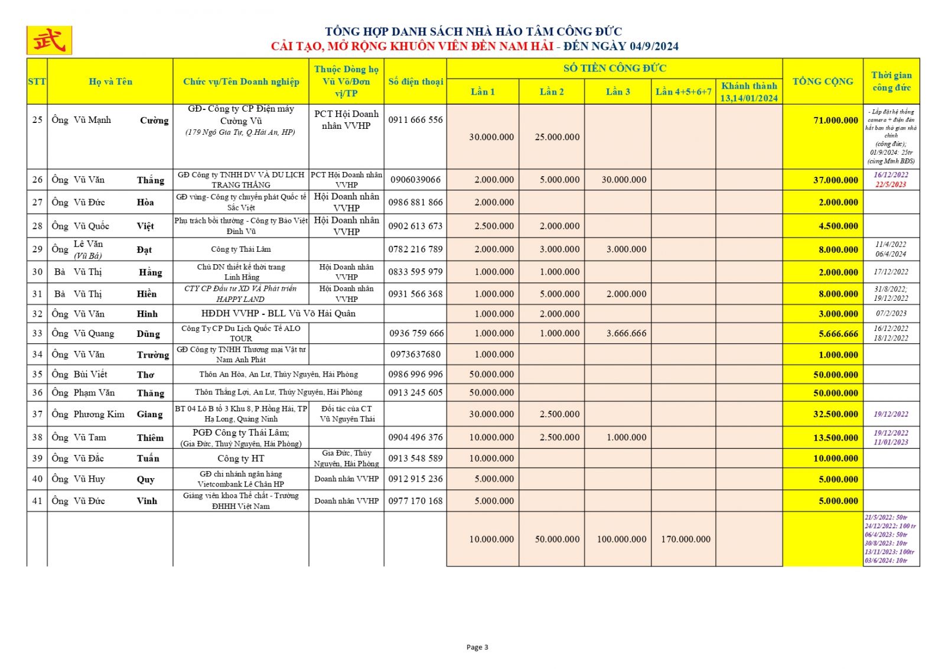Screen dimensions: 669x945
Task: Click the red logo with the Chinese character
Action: coord(49,40)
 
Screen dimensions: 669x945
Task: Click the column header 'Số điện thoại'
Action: coord(415,82)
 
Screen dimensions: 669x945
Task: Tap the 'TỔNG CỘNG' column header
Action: coord(822,82)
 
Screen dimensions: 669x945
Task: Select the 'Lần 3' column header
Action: coord(618,92)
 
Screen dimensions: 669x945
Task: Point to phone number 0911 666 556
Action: coord(415,120)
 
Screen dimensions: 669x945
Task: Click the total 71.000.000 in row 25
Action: coord(835,121)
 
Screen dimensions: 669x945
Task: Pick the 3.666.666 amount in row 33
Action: coord(626,333)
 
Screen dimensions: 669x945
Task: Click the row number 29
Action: coord(37,249)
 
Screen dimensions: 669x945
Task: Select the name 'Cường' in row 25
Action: coord(154,121)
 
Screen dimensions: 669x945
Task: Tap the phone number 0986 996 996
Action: coord(415,374)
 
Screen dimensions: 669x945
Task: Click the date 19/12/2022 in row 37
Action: coord(891,414)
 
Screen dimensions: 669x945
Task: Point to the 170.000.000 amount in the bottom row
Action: coord(686,539)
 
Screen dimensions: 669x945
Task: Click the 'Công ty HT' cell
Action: coord(241,459)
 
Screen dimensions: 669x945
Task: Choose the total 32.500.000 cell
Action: coord(835,414)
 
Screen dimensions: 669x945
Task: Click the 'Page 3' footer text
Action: coord(477,647)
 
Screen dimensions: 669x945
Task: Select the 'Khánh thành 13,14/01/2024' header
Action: coord(749,92)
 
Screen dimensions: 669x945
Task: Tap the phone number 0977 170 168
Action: coord(415,501)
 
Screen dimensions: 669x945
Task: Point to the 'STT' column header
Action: coord(37,82)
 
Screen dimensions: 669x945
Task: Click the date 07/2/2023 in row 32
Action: coord(891,314)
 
